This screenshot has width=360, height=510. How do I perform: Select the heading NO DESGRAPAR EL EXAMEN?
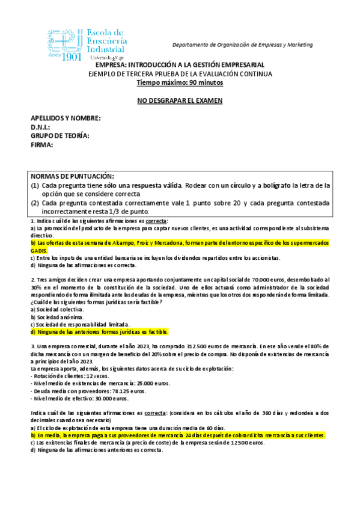180,100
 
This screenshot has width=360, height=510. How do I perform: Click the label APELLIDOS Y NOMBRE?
66,118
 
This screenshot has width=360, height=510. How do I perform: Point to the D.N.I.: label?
40,127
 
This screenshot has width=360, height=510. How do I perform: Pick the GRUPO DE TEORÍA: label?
60,136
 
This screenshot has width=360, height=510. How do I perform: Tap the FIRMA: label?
42,145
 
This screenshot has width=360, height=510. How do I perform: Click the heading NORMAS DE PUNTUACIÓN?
72,176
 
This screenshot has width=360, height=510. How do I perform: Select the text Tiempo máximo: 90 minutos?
180,83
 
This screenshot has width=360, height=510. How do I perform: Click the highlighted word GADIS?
39,249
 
